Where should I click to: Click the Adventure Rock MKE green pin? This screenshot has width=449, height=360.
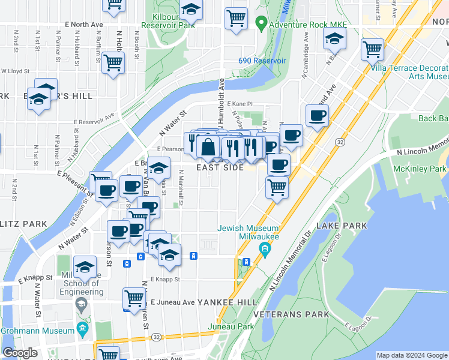[261, 25]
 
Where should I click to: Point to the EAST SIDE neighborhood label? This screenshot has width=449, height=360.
[220, 168]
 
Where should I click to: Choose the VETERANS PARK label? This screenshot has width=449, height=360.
[291, 314]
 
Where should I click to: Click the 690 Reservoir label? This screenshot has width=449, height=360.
[262, 61]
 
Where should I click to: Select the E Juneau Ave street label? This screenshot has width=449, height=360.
[172, 302]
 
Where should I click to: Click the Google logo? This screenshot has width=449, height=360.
[20, 353]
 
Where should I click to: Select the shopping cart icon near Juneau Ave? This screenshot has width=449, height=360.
[134, 298]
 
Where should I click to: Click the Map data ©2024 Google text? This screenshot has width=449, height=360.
[412, 355]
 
